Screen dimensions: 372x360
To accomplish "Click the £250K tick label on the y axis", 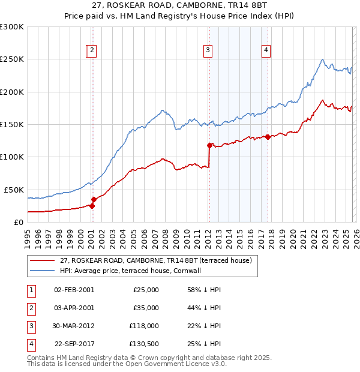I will [12, 59].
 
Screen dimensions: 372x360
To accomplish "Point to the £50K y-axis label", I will [14, 190].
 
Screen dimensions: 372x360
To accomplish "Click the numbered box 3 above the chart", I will [208, 51].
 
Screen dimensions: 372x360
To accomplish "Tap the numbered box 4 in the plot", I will [265, 51].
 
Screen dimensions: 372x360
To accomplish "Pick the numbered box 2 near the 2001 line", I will [92, 51].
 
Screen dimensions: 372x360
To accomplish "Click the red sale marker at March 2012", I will [209, 145].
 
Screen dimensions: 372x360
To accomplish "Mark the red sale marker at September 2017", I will [268, 137].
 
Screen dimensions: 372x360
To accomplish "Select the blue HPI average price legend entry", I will [133, 271].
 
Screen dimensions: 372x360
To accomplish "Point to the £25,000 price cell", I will [146, 290].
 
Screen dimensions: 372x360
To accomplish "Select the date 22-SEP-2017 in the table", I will [74, 344].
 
